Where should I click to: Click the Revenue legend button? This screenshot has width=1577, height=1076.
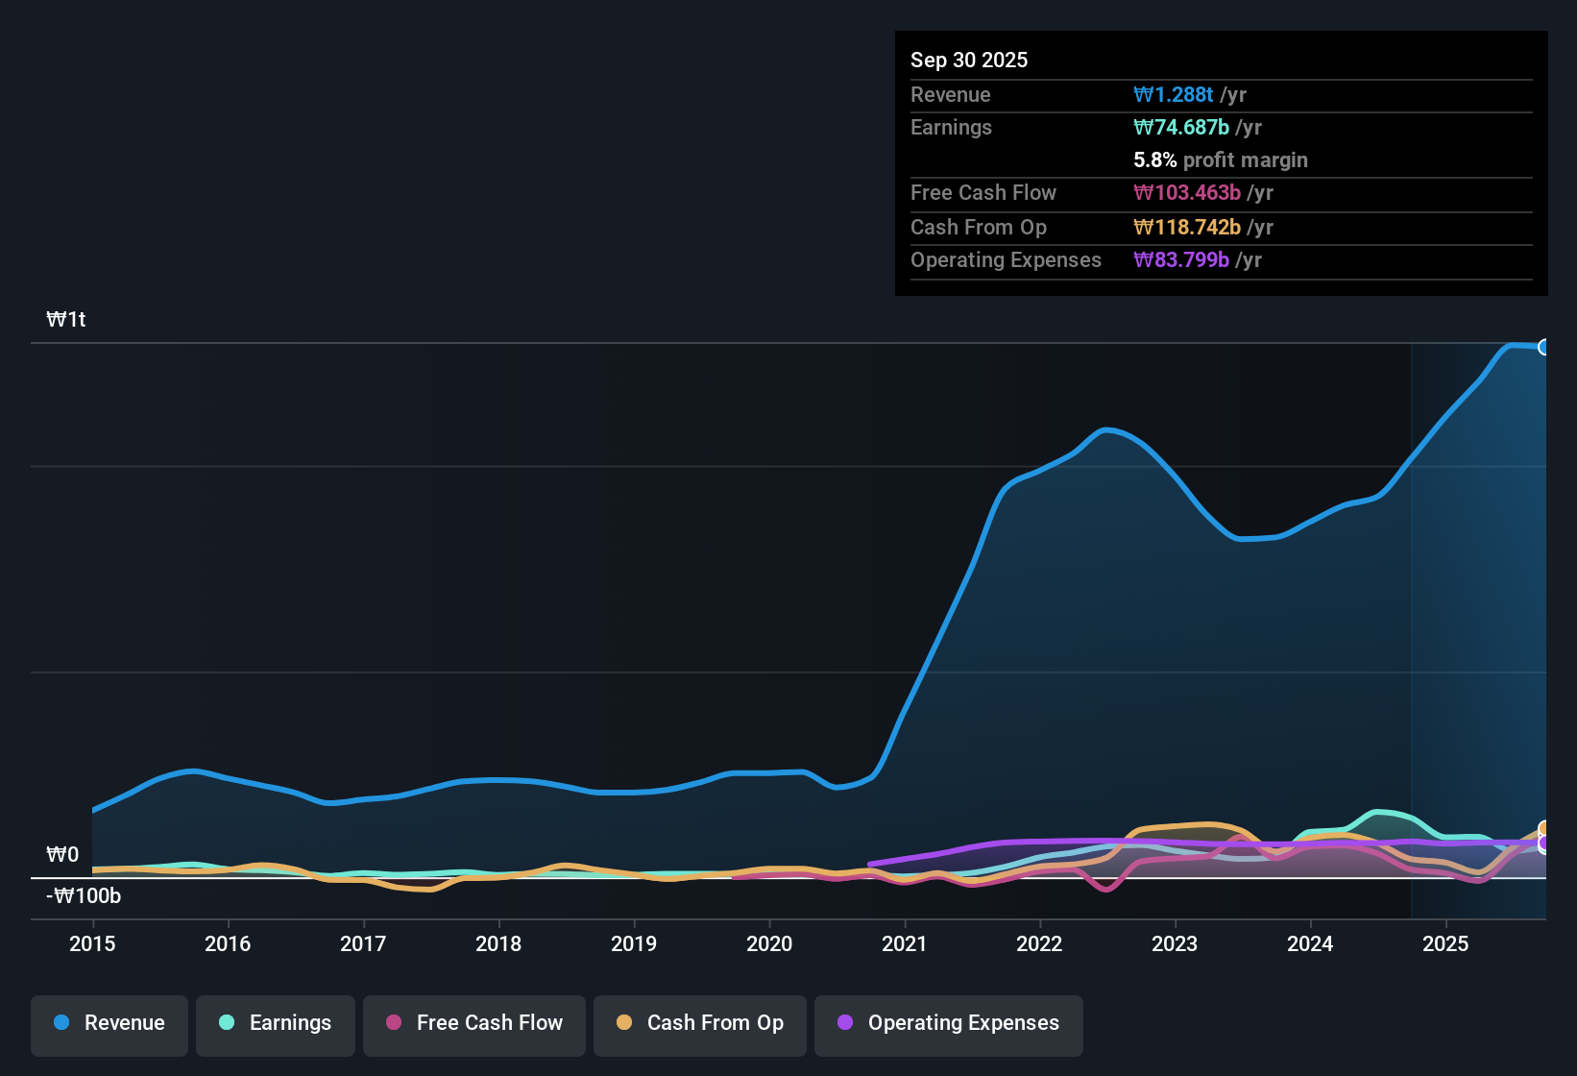click(109, 1024)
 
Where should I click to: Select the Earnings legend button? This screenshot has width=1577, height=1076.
click(275, 1024)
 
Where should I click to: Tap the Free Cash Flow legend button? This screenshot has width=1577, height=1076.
click(474, 1024)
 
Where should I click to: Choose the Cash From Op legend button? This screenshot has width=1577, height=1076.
click(700, 1024)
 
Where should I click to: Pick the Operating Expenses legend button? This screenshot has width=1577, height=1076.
click(949, 1024)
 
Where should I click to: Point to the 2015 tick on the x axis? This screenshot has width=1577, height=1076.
click(92, 943)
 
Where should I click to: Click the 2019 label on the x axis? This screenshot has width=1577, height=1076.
click(634, 943)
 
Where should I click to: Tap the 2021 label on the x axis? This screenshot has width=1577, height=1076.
click(905, 943)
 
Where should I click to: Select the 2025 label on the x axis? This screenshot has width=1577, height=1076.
click(1445, 943)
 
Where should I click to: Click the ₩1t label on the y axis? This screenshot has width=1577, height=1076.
click(66, 320)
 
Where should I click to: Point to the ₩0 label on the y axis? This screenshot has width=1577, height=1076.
click(63, 855)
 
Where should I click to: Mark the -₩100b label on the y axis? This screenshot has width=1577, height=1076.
click(85, 896)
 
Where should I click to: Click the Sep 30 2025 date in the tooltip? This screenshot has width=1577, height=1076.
click(969, 60)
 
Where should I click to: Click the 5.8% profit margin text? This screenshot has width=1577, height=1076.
click(1220, 159)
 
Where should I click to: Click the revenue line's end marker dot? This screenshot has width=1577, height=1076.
click(1544, 347)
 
